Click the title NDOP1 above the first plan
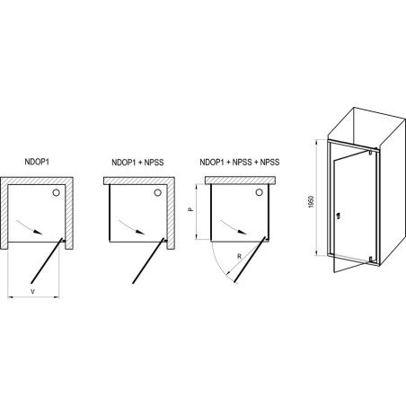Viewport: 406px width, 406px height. pyautogui.click(x=37, y=162)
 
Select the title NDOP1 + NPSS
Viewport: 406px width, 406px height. pyautogui.click(x=137, y=163)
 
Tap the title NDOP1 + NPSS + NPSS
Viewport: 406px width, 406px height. pyautogui.click(x=240, y=163)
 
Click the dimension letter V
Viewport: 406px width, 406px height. pyautogui.click(x=33, y=291)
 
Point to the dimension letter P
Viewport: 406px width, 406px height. pyautogui.click(x=191, y=209)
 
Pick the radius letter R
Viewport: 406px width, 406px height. pyautogui.click(x=239, y=256)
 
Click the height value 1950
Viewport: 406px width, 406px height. pyautogui.click(x=311, y=202)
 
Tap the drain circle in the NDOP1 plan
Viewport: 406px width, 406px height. pyautogui.click(x=56, y=192)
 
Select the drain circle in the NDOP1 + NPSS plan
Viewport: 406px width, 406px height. pyautogui.click(x=158, y=192)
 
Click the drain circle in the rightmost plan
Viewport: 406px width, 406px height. pyautogui.click(x=260, y=192)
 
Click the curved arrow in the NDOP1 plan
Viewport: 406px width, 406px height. pyautogui.click(x=29, y=225)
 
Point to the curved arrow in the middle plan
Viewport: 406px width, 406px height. pyautogui.click(x=131, y=225)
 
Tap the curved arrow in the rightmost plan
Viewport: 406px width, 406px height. pyautogui.click(x=233, y=225)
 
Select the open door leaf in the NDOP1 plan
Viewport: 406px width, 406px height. pyautogui.click(x=47, y=260)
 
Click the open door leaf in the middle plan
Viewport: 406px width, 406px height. pyautogui.click(x=148, y=260)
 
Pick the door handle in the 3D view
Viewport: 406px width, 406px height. pyautogui.click(x=338, y=216)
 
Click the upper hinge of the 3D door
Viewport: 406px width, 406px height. pyautogui.click(x=370, y=152)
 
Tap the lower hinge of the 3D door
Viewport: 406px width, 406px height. pyautogui.click(x=371, y=259)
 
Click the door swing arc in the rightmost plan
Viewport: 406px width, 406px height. pyautogui.click(x=218, y=263)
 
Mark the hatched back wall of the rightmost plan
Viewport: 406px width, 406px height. pyautogui.click(x=241, y=181)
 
